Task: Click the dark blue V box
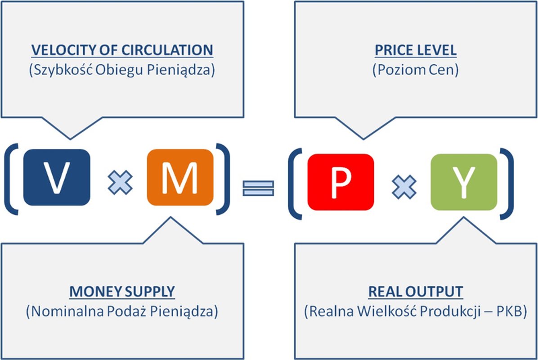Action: [x=57, y=177]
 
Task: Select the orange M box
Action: [x=180, y=177]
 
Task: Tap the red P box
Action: [x=341, y=182]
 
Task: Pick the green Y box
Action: [x=464, y=182]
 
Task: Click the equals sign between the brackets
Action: [x=258, y=188]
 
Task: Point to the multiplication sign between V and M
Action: [x=120, y=182]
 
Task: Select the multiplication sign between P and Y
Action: [x=404, y=187]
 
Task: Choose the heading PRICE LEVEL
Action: [x=416, y=50]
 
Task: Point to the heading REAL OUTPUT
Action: [x=416, y=292]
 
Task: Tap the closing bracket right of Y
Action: [x=507, y=184]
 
